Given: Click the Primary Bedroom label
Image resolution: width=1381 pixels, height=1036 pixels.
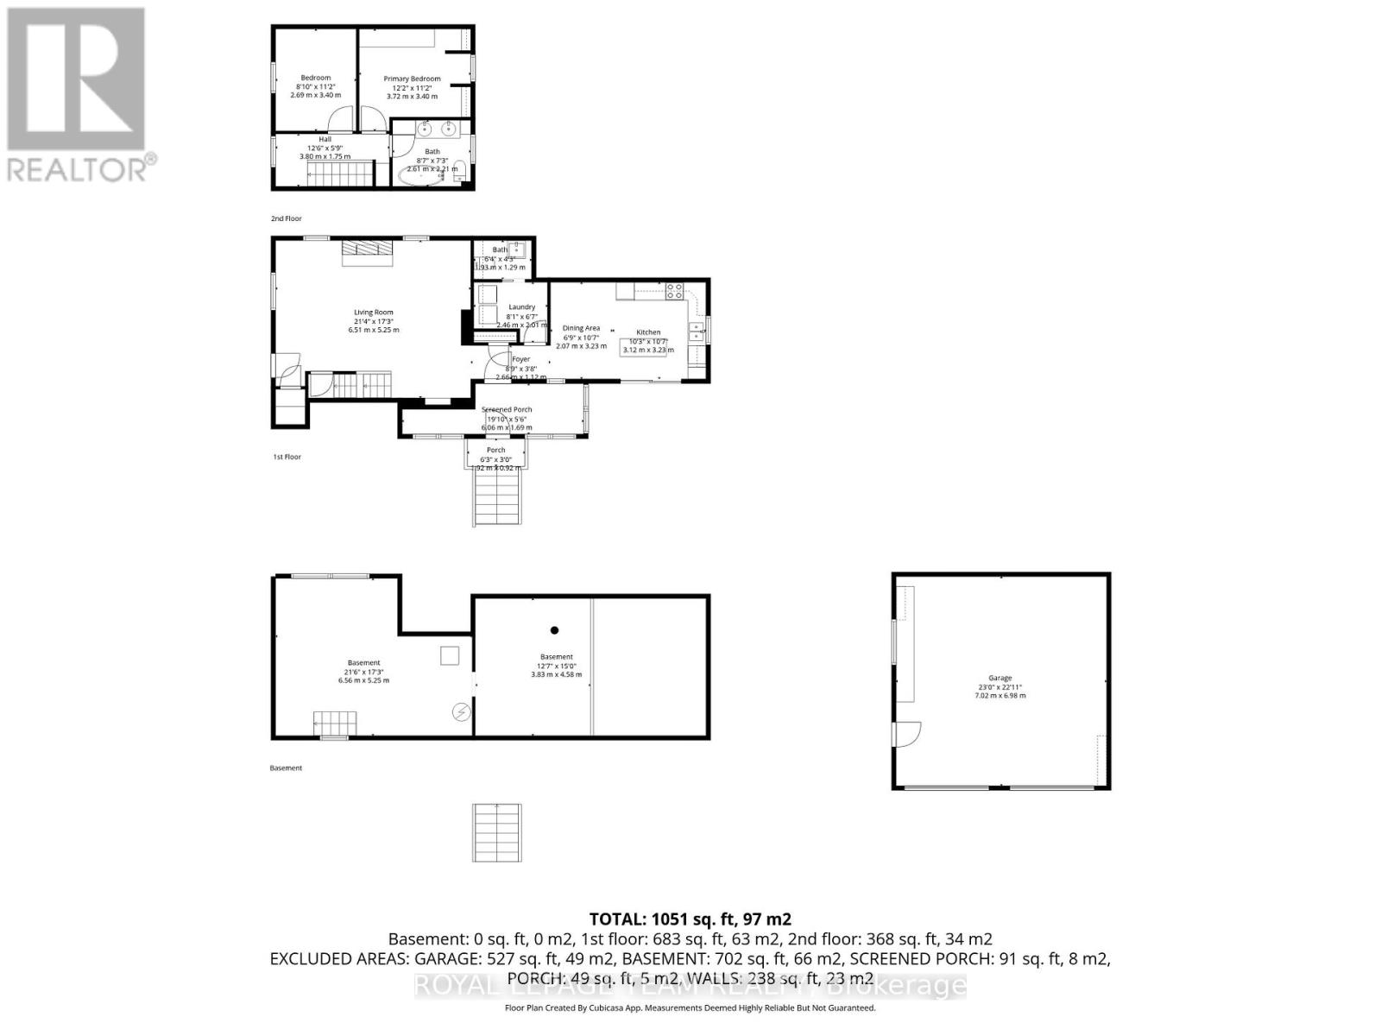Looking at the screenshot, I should point(412,79).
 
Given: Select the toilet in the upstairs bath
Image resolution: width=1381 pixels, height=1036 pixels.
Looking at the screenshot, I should point(460,171).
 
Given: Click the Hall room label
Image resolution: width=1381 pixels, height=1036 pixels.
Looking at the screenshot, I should point(325,139).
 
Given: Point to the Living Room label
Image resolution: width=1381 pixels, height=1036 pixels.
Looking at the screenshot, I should point(374,313).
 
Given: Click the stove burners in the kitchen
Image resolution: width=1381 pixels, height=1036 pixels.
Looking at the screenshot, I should point(674,291).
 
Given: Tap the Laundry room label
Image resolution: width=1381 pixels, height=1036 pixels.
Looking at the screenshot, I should point(522,306).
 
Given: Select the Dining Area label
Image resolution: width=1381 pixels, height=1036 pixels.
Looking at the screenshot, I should point(581,328).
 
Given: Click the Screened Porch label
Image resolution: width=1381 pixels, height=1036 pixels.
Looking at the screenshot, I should point(507,409).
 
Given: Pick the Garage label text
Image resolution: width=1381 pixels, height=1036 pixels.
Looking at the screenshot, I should point(999,678).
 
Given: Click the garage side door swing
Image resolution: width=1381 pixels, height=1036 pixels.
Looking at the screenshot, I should point(906,734).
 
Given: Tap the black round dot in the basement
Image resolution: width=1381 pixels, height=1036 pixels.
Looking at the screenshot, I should point(555,630).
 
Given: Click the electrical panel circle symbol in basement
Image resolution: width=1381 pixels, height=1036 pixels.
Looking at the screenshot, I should point(462,711).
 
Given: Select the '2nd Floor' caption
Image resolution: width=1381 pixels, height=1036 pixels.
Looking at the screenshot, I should point(287,218).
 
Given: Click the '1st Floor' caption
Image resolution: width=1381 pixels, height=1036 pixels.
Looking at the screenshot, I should point(287,457).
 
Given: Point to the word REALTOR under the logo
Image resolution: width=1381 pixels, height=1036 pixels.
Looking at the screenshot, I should point(78,168).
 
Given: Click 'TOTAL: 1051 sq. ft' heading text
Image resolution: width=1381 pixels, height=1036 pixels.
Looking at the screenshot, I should point(690,919).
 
